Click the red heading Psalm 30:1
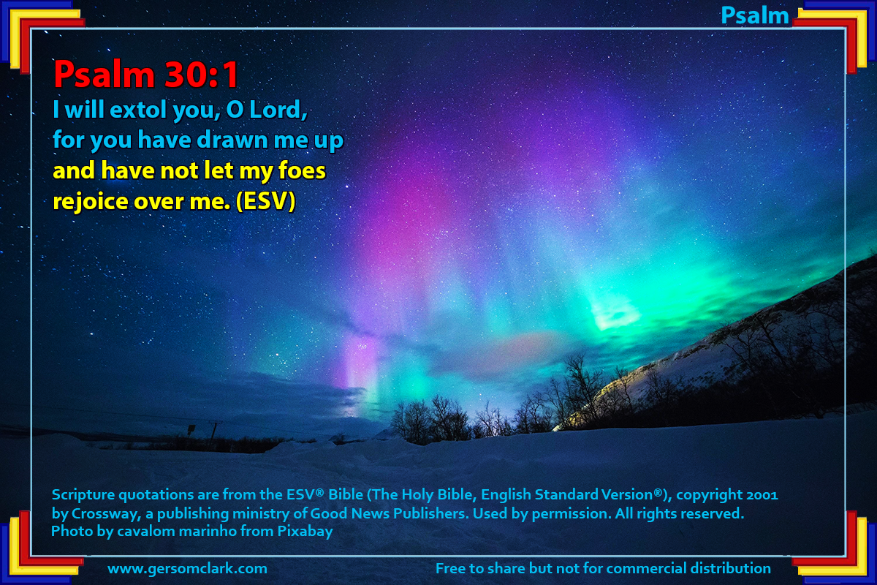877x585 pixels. tap(145, 75)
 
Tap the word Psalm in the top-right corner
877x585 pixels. tap(754, 16)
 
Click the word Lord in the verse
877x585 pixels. tap(278, 110)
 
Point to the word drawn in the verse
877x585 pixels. tap(232, 140)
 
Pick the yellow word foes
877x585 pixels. tap(302, 171)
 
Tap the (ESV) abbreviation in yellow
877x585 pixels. tap(265, 201)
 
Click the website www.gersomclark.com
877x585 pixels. tap(188, 568)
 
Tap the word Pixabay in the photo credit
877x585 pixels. tap(305, 532)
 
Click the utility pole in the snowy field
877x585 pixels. tap(213, 435)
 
